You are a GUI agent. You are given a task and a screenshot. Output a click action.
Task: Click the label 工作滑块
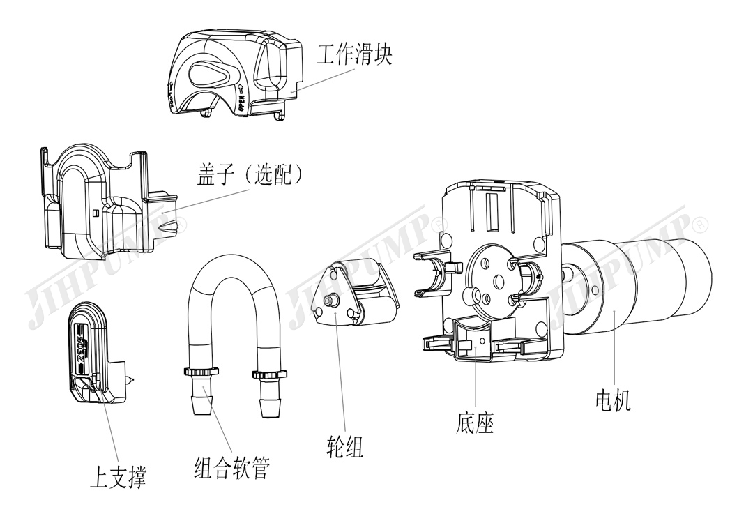coord(354,54)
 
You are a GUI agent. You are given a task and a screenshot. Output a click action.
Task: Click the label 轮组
coord(344,447)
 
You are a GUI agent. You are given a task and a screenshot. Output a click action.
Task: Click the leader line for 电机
coord(614,349)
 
